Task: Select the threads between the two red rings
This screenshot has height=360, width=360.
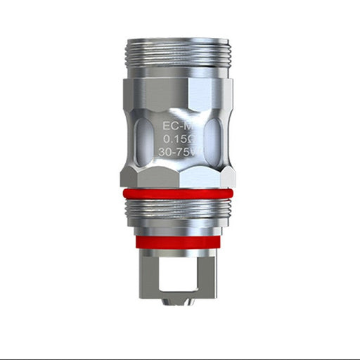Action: point(179,209)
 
